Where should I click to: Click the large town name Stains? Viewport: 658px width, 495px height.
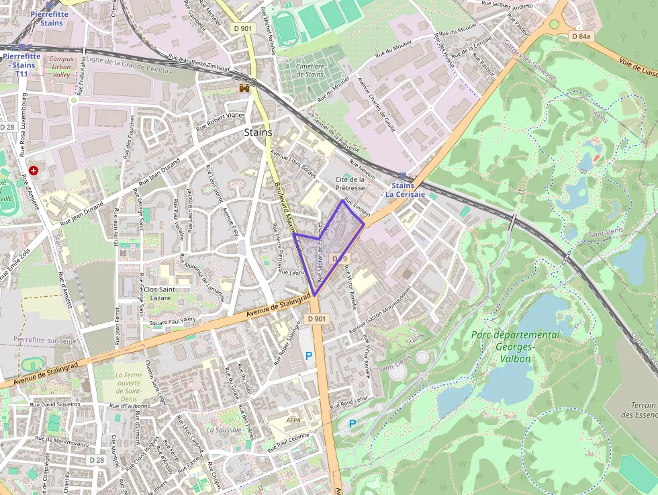[258, 132]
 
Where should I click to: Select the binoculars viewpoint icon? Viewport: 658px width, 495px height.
[245, 88]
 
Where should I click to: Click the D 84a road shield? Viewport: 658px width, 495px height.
[581, 36]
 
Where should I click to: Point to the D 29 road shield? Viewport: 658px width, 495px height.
[340, 259]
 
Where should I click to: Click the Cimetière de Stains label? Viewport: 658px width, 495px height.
[310, 70]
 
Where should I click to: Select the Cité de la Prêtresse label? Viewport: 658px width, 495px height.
[350, 183]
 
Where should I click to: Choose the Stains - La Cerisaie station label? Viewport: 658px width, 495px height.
[404, 189]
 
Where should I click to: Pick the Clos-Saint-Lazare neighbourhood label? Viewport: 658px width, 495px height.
[159, 293]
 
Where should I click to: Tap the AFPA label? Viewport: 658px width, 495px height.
[293, 420]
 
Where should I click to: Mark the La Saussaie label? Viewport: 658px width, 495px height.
[224, 429]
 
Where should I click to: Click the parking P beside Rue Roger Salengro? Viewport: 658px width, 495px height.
[309, 356]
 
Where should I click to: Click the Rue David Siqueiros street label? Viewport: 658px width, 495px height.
[55, 404]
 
